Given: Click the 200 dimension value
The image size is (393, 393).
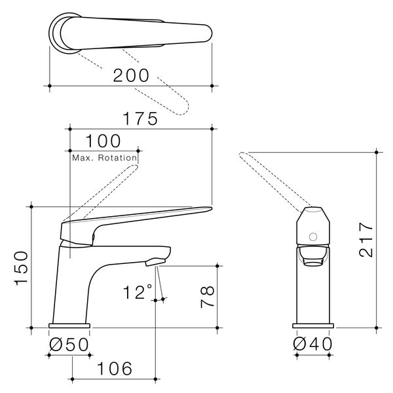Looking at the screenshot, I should [x=131, y=75].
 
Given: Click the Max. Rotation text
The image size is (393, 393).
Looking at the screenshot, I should [x=105, y=158].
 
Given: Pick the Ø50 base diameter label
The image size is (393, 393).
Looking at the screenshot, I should [x=68, y=345].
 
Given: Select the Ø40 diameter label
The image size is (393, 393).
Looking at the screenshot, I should [x=313, y=345].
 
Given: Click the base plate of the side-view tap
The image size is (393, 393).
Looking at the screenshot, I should [x=314, y=326].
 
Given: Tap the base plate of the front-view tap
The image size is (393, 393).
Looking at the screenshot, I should [x=69, y=326].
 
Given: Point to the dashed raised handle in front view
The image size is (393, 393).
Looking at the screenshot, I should [x=105, y=189].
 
